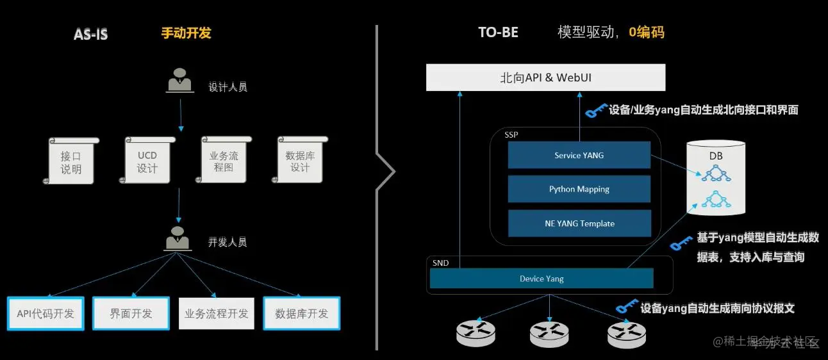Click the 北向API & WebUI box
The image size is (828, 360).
(x=546, y=78)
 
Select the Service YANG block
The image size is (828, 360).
(x=579, y=156)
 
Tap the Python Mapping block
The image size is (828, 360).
(x=579, y=190)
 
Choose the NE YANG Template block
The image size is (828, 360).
(x=579, y=224)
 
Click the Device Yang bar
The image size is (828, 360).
(x=542, y=279)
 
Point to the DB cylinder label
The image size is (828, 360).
(x=716, y=156)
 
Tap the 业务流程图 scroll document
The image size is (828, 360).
(x=224, y=161)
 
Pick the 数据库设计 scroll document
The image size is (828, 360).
(x=300, y=161)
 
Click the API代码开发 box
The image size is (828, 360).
(x=46, y=314)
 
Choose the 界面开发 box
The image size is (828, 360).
(x=131, y=313)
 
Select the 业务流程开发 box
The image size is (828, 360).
(x=217, y=314)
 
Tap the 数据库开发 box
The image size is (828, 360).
(x=302, y=314)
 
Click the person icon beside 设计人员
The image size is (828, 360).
(x=181, y=81)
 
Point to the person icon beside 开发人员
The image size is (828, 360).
(x=178, y=238)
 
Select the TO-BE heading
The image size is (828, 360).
(x=497, y=33)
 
